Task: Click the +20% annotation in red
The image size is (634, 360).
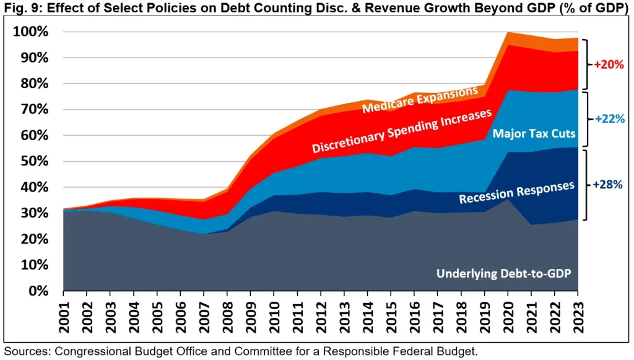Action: [x=609, y=64]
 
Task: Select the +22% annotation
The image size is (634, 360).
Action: [x=609, y=119]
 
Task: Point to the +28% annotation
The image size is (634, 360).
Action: [x=608, y=184]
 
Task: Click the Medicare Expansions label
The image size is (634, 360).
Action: [x=420, y=100]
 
